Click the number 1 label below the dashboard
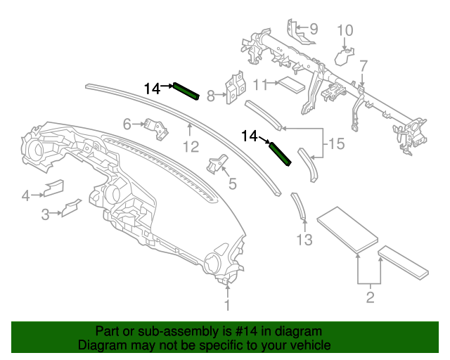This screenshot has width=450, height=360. [227, 305]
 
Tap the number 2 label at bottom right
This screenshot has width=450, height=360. [370, 298]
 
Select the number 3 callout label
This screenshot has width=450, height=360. [44, 214]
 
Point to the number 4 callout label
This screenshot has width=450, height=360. [25, 195]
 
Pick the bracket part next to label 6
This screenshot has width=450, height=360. [155, 128]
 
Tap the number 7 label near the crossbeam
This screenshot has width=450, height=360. [364, 66]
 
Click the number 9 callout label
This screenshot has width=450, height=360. [313, 29]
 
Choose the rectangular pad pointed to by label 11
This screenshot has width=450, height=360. [290, 84]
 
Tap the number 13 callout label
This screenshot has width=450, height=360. [304, 240]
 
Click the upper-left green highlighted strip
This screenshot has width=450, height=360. [186, 91]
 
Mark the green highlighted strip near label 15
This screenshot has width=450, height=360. [281, 153]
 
